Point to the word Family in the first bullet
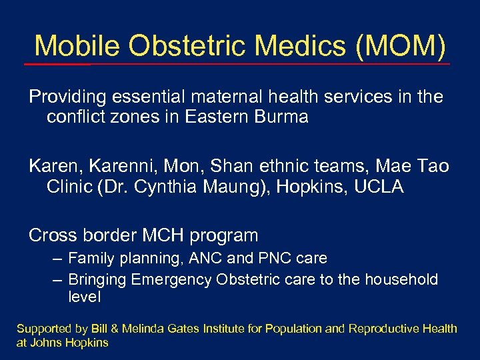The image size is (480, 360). (x=91, y=258)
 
